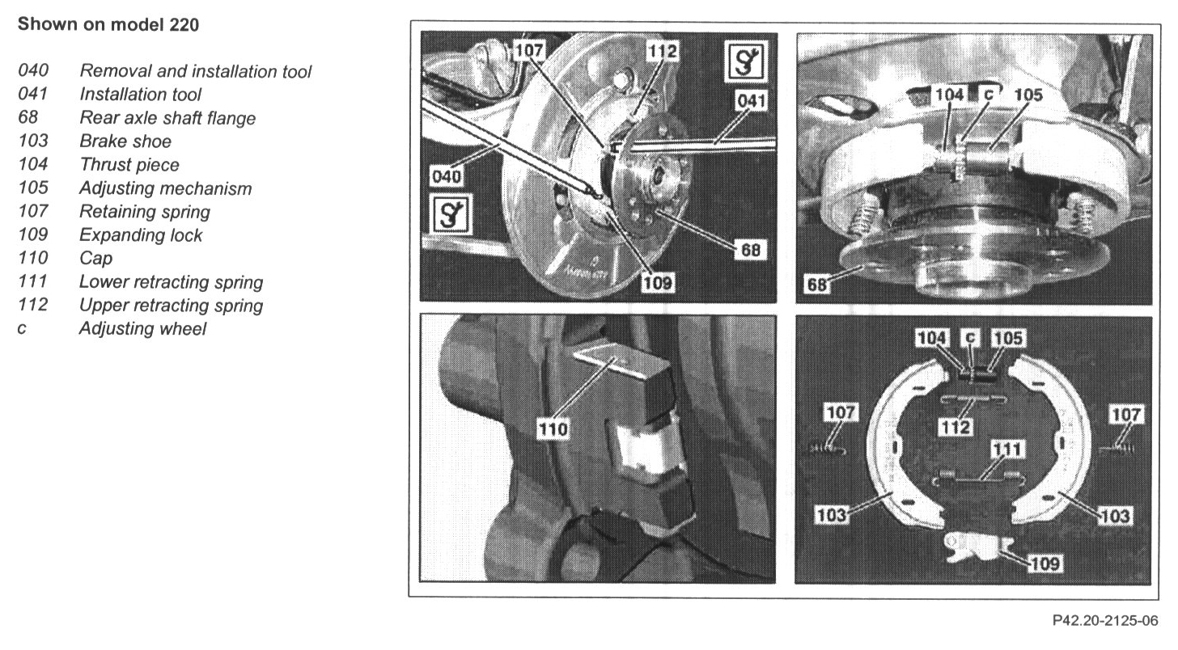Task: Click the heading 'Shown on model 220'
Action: (108, 25)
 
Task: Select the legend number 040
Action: (33, 70)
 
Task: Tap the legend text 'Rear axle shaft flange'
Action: (167, 118)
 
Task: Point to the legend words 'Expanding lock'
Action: (141, 235)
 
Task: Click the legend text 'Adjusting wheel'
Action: (142, 328)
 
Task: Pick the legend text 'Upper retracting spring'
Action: (171, 306)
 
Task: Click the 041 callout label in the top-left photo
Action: (751, 101)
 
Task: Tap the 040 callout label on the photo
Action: (446, 176)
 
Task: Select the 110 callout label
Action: (553, 429)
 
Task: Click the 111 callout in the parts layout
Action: (1006, 450)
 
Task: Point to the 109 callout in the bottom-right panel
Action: (1045, 563)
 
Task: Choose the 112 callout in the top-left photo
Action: (662, 51)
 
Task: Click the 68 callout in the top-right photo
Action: (816, 285)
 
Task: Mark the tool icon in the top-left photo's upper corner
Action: (746, 61)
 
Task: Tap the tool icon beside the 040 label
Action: (451, 214)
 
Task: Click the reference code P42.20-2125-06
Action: (1105, 621)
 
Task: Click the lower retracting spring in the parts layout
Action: (978, 477)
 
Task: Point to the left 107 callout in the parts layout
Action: (841, 412)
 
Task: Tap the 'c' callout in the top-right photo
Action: (989, 95)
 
